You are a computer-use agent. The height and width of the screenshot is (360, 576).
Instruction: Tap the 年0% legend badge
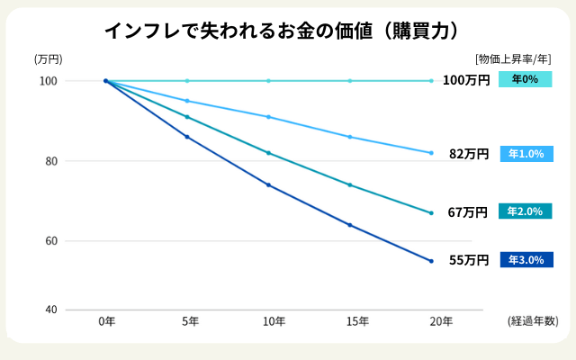(x=525, y=79)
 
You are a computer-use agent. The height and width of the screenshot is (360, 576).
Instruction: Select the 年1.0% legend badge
(x=525, y=154)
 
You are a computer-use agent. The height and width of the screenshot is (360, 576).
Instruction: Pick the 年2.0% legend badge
(x=525, y=211)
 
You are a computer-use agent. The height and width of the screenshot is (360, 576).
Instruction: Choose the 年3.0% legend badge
(x=525, y=260)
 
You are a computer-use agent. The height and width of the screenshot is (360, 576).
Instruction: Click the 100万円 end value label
(x=466, y=80)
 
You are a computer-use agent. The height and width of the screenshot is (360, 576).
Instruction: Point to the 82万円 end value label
(x=469, y=154)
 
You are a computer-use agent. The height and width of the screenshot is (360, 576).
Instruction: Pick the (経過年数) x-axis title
(x=533, y=321)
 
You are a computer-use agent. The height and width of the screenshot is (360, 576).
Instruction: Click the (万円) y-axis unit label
(x=48, y=59)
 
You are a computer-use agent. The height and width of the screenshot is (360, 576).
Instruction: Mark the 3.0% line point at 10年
(x=268, y=184)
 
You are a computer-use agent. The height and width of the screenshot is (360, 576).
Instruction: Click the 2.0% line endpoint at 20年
(x=431, y=212)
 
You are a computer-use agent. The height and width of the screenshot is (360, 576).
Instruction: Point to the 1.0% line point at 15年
(x=349, y=137)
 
